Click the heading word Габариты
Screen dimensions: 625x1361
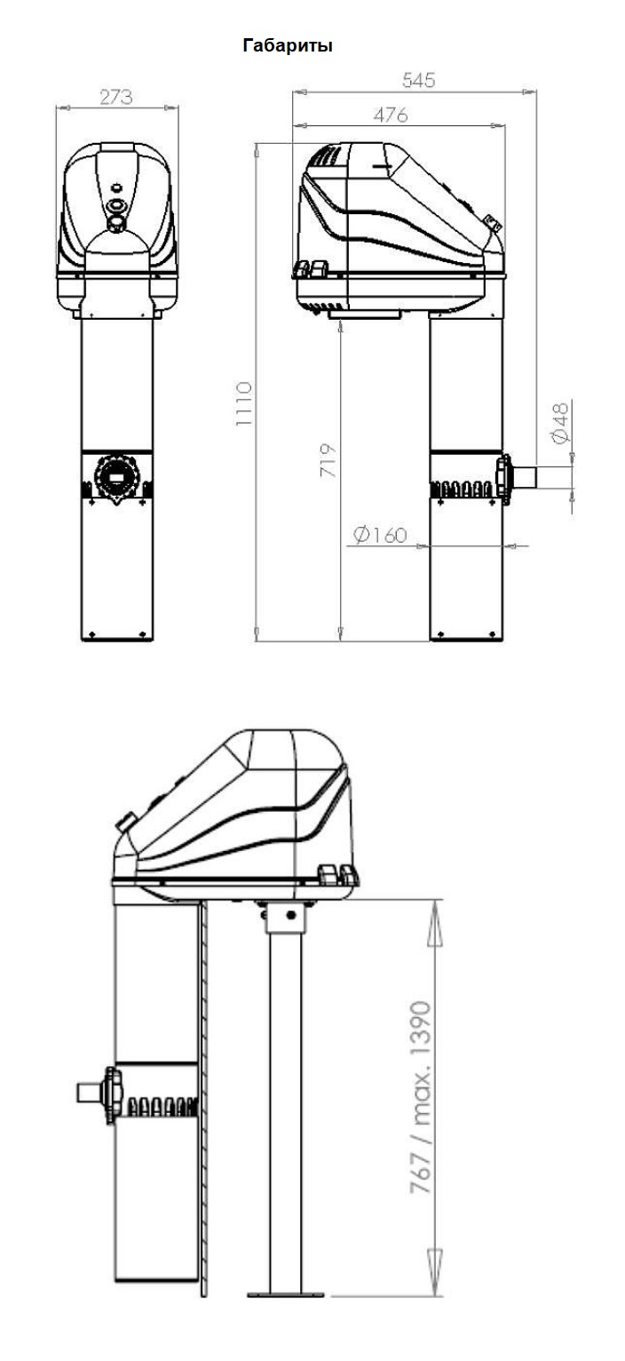(288, 46)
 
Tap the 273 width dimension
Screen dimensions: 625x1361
(115, 97)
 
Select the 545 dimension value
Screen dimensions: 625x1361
(418, 80)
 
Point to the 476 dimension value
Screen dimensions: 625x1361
(390, 115)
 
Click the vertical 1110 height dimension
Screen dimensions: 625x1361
(243, 403)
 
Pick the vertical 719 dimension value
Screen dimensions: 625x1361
(328, 460)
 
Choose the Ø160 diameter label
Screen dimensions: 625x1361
(380, 535)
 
